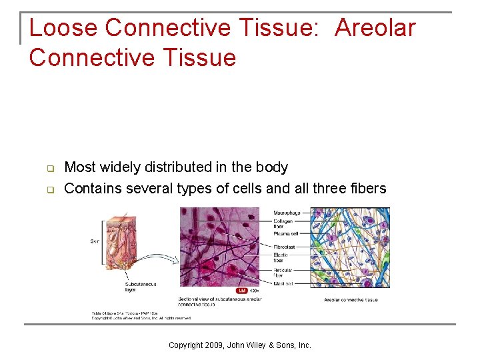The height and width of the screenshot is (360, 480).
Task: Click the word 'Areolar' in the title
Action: [375, 28]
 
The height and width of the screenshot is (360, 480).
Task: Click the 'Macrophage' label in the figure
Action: [287, 213]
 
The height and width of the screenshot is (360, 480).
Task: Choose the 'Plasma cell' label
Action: [286, 233]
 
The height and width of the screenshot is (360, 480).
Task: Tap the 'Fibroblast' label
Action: [285, 247]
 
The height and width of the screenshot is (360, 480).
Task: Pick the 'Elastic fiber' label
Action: [281, 257]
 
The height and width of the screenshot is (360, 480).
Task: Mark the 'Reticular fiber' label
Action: [283, 273]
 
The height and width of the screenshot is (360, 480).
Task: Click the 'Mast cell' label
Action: [283, 284]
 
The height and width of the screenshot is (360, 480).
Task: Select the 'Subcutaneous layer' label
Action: [141, 287]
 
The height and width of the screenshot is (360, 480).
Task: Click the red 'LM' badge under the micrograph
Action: [242, 291]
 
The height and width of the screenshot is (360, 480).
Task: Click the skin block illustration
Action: [119, 243]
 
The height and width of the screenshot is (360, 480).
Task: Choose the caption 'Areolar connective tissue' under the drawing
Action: [351, 300]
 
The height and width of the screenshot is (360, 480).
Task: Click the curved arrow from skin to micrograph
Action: [155, 260]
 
